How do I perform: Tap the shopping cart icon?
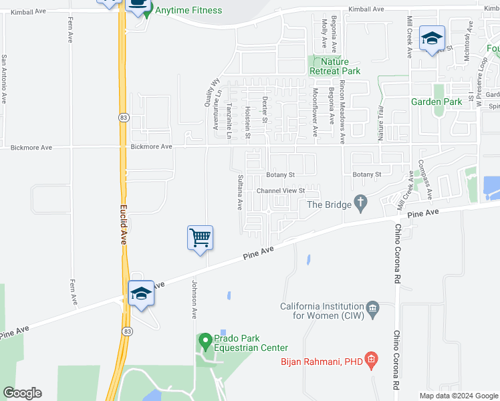tap(200, 237)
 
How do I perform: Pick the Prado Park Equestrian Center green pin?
tap(205, 342)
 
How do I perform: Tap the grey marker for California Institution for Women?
tap(373, 308)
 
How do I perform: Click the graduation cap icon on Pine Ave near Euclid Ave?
tap(141, 293)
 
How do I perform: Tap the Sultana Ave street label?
tap(239, 192)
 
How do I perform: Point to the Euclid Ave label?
tap(124, 224)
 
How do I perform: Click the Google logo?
tap(22, 393)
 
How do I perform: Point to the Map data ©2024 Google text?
tap(458, 395)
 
